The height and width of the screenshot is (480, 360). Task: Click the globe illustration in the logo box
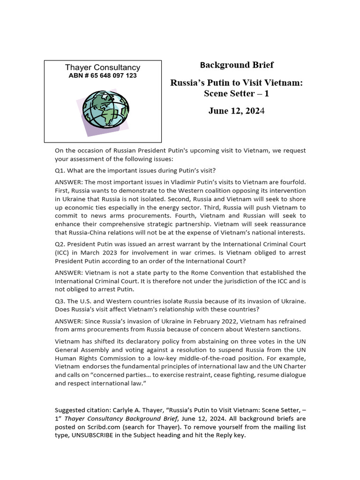(105, 111)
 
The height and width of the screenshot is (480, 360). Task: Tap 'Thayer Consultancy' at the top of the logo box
(103, 67)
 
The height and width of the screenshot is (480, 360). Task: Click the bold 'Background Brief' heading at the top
(237, 65)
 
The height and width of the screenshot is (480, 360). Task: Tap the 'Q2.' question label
(61, 245)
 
